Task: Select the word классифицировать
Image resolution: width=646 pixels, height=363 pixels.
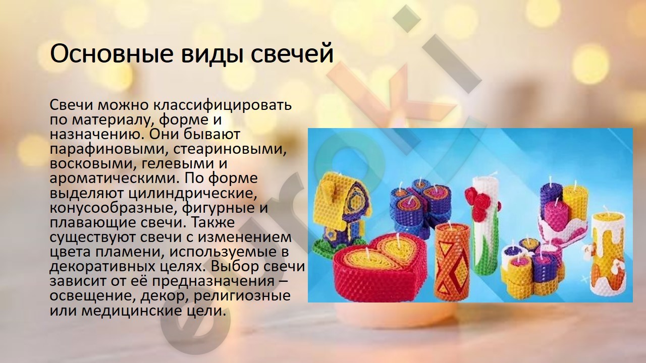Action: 223,105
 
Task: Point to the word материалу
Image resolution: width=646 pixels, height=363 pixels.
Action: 112,120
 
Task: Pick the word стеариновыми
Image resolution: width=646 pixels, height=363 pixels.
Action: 230,149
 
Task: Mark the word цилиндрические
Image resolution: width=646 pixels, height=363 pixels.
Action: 193,194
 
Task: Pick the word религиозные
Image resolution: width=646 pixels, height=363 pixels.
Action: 242,296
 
